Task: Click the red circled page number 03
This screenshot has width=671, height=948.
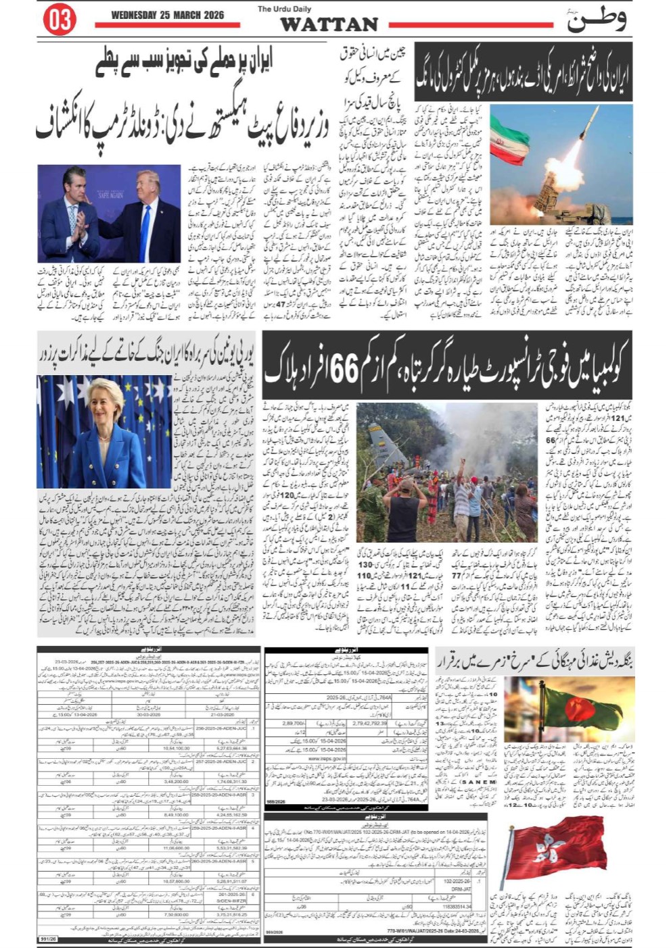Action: (x=60, y=20)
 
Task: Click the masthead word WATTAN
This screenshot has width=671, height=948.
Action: (x=329, y=25)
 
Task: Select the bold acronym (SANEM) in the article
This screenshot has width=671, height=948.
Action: (x=479, y=782)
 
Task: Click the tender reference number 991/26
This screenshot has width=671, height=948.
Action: (x=48, y=939)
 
